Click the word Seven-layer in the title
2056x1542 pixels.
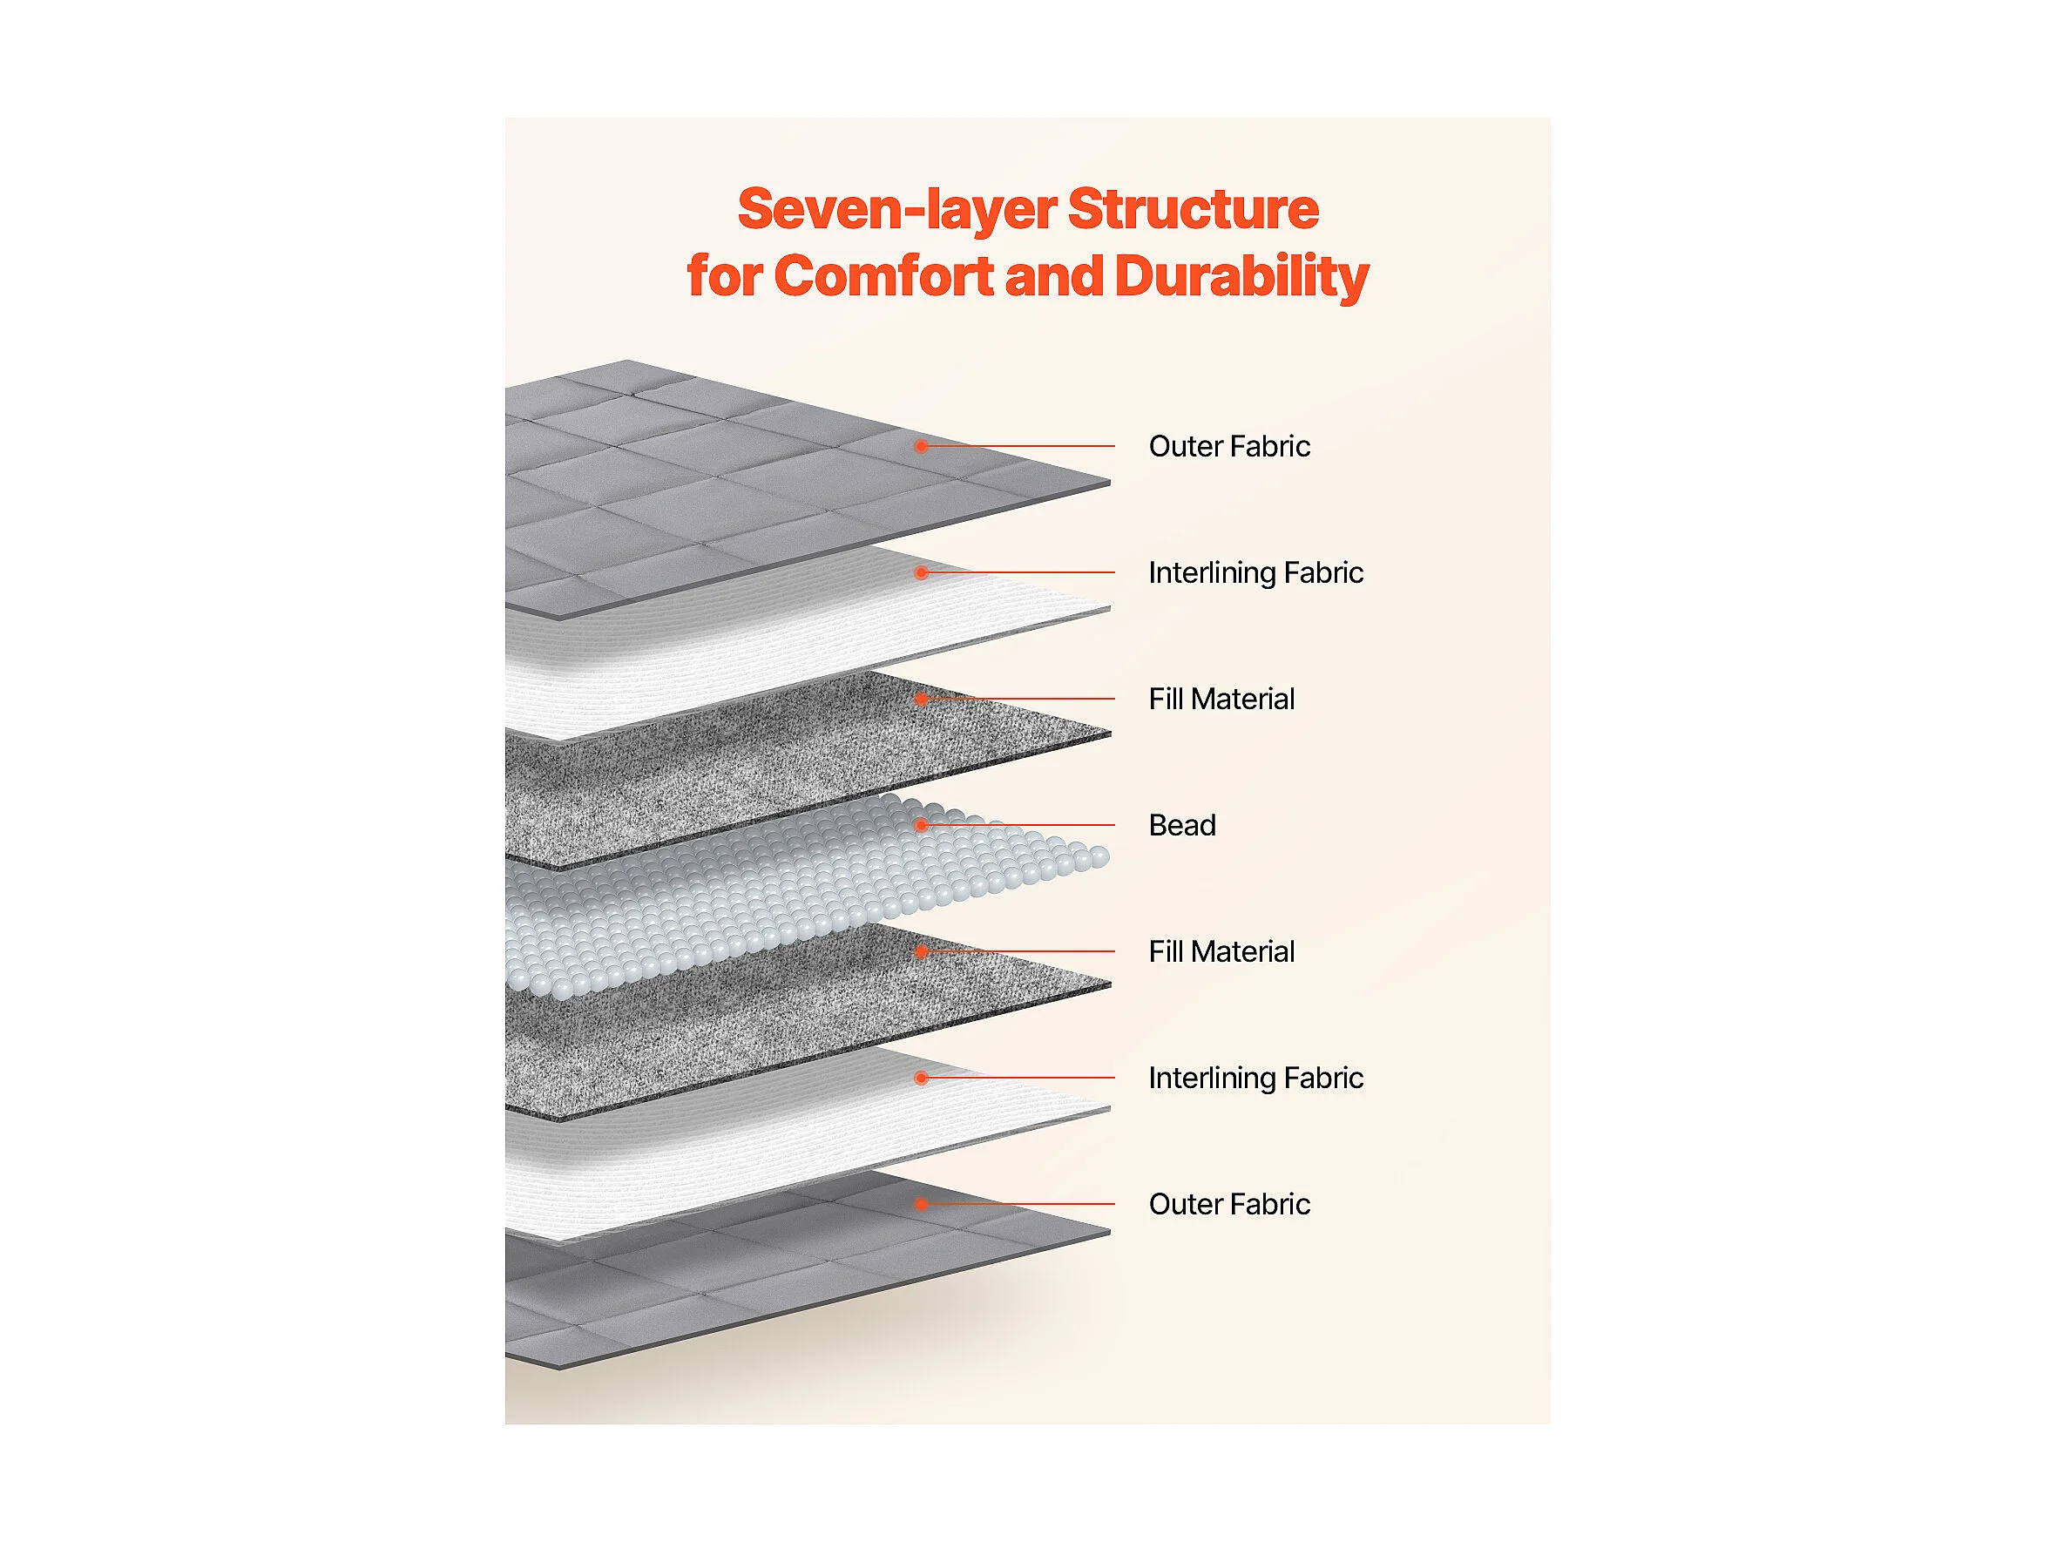pyautogui.click(x=899, y=210)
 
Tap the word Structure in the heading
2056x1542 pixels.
pyautogui.click(x=1194, y=208)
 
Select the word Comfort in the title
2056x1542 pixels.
pyautogui.click(x=884, y=276)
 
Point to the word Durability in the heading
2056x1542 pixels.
pyautogui.click(x=1241, y=278)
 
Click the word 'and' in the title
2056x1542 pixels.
pyautogui.click(x=1054, y=276)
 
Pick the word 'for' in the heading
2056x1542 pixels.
pyautogui.click(x=724, y=276)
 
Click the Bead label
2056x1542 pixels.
pyautogui.click(x=1182, y=825)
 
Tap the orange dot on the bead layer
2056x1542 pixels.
pyautogui.click(x=921, y=825)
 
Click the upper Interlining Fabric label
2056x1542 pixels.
pyautogui.click(x=1255, y=572)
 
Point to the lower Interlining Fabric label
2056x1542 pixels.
pyautogui.click(x=1255, y=1079)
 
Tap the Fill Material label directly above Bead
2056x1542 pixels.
pyautogui.click(x=1221, y=699)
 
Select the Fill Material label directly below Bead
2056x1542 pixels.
pyautogui.click(x=1221, y=952)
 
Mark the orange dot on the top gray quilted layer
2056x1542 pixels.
pyautogui.click(x=921, y=446)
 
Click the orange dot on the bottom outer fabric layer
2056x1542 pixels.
pyautogui.click(x=921, y=1205)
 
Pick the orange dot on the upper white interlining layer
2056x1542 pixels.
pyautogui.click(x=921, y=572)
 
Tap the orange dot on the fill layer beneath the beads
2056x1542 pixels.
pyautogui.click(x=921, y=952)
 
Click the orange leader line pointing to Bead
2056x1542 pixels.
pyautogui.click(x=1018, y=825)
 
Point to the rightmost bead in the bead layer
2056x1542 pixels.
pyautogui.click(x=1099, y=857)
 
